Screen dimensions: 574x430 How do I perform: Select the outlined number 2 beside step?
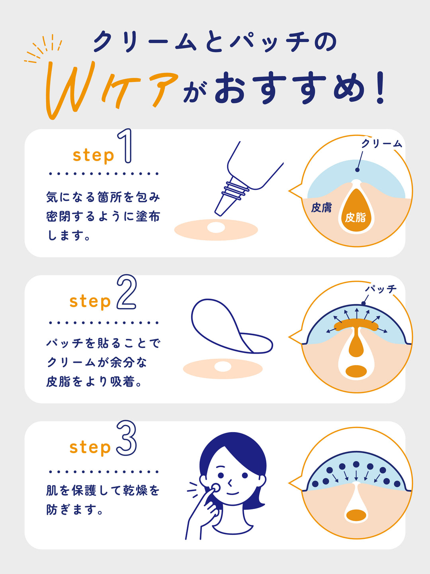[127, 293]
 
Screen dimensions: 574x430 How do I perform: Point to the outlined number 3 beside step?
[127, 438]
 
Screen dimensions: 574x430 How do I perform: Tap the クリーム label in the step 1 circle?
[381, 143]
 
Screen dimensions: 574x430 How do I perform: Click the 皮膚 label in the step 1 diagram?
[321, 207]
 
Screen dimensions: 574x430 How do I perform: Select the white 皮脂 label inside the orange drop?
[355, 217]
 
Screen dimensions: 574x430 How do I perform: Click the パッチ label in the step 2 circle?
[381, 289]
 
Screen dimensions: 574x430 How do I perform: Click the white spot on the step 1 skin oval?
[216, 228]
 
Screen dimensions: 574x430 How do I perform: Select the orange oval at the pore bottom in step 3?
[356, 515]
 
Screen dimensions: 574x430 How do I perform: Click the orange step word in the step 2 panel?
[90, 301]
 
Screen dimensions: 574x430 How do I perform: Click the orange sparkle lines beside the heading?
[44, 50]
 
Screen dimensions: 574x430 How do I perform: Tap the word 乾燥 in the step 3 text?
[135, 490]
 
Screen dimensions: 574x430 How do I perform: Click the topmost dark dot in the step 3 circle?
[356, 464]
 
